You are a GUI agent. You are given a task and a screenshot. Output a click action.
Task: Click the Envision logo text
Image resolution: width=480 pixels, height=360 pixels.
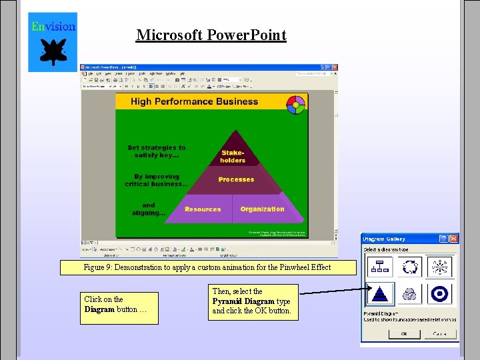coord(53,27)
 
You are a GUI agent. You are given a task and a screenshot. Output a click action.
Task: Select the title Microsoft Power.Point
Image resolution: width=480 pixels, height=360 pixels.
coord(211,35)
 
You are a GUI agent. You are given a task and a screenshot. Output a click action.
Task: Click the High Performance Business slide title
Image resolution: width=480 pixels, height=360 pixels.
coord(194,101)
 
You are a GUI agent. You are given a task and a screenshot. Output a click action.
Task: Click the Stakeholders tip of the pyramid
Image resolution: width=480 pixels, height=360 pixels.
coord(233,156)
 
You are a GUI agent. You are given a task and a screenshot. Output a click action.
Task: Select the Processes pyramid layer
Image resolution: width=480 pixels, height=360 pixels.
coord(236,179)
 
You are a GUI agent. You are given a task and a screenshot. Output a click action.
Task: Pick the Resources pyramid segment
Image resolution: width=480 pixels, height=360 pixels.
coord(203,209)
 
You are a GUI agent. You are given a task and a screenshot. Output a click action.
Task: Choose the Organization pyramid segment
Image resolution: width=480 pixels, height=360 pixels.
coord(262,209)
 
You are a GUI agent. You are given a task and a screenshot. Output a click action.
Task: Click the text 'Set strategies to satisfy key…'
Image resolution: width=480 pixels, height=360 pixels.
coord(157,151)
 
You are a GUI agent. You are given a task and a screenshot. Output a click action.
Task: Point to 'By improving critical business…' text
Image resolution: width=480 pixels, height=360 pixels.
coord(157,181)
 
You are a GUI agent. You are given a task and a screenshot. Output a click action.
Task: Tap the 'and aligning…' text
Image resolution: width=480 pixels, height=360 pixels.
coord(149,209)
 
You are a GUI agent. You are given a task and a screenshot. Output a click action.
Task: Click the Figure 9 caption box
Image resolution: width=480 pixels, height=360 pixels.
coord(207,267)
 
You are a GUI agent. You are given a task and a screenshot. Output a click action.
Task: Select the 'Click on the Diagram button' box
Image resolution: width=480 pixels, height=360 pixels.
coord(119,308)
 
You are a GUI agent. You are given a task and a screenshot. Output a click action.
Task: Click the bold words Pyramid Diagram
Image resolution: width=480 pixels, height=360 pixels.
coord(243,301)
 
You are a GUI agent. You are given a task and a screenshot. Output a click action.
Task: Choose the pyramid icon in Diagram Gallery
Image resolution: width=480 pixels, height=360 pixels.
coord(380,294)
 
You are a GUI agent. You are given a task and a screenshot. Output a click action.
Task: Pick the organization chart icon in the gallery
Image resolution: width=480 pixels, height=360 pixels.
coord(380,267)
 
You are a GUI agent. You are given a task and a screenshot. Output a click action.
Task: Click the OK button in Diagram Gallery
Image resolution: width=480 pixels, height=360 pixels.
coord(403,334)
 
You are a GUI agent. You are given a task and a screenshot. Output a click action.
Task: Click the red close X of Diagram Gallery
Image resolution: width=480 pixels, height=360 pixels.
coord(454,238)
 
